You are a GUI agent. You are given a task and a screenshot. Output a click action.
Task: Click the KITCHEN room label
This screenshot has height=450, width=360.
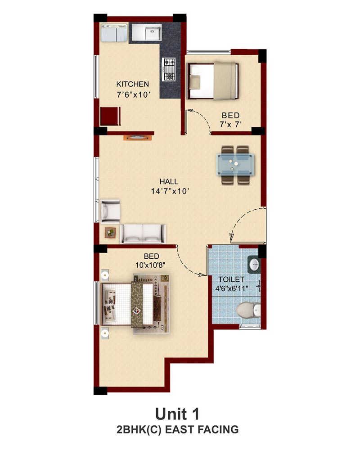pos(133,84)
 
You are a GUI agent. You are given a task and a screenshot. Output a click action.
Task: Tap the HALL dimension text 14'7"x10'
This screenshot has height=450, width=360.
pos(170,191)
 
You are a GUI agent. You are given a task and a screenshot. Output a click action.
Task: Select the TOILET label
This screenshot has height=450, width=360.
pos(231,279)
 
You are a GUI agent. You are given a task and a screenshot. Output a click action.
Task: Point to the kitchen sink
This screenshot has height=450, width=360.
pos(147,32)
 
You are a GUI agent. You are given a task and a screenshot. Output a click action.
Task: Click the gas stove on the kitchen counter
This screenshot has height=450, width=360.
pos(169,69)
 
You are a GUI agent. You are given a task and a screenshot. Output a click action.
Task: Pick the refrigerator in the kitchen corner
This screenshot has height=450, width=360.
pos(114,33)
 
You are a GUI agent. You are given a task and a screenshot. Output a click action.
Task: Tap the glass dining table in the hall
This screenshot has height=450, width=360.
pos(235,164)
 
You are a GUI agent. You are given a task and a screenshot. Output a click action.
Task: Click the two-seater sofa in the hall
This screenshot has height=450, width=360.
pos(143,234)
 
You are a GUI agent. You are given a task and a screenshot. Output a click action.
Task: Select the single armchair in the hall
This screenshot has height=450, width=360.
pos(110,211)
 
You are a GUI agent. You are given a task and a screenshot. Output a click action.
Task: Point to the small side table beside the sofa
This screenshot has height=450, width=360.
pos(111,232)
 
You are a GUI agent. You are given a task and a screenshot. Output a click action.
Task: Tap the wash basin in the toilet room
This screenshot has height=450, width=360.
pos(254,264)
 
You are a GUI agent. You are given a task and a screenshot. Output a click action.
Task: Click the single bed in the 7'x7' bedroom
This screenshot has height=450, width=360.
pos(213,81)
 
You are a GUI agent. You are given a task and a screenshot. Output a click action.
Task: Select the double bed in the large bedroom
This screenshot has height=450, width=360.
pos(135,304)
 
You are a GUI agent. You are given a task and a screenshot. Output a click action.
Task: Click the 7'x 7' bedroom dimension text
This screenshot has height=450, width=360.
pos(231,125)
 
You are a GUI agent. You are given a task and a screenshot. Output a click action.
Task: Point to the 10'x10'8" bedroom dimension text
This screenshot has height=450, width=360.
pos(150,265)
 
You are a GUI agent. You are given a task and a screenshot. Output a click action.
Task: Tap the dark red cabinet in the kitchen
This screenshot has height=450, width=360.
pos(111,116)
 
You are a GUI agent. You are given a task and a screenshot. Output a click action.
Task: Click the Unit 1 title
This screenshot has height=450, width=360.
pos(177,414)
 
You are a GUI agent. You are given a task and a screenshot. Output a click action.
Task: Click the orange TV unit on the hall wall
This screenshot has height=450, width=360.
pos(138,138)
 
